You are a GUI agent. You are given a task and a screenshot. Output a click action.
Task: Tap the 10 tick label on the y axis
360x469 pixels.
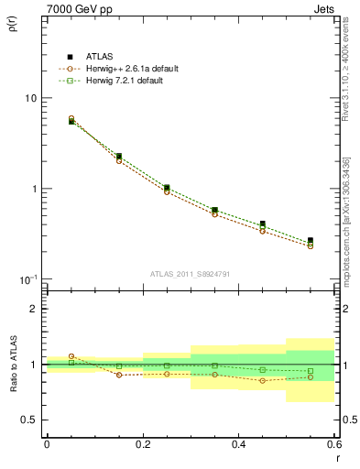(30, 98)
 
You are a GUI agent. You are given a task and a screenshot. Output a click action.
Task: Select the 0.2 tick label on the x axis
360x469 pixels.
(143, 443)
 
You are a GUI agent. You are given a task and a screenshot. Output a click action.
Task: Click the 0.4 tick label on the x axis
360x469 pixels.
(239, 443)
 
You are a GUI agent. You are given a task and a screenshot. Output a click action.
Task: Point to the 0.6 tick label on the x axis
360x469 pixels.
(333, 443)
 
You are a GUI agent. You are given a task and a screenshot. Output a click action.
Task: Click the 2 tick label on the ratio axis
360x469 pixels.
(33, 309)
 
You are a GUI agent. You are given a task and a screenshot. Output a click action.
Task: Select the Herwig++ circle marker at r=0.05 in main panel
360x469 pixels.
(71, 118)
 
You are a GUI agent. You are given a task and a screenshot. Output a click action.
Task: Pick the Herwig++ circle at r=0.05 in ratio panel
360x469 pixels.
(71, 356)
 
